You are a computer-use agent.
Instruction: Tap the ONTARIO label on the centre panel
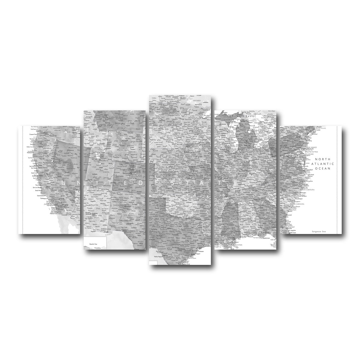coord(196,100)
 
